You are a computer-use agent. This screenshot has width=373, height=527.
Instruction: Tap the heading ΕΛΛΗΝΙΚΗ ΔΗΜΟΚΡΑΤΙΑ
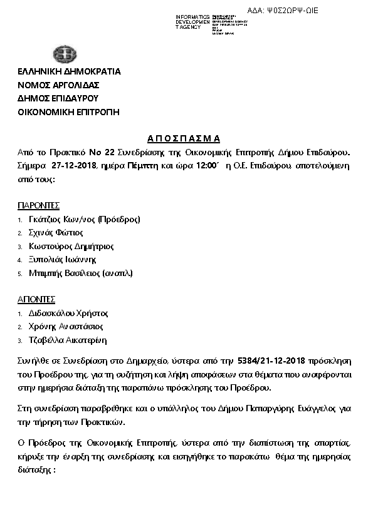[x=69, y=71]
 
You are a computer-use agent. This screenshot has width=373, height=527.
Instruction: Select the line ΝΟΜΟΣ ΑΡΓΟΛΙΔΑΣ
[x=59, y=85]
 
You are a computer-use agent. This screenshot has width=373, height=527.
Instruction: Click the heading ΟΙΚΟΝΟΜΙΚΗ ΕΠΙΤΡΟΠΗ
[x=68, y=113]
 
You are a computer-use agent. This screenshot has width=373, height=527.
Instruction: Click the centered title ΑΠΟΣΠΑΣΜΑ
[x=186, y=138]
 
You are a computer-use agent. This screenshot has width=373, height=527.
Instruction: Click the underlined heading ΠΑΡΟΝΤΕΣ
[x=39, y=206]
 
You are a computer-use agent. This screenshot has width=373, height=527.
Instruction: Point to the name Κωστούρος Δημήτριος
[x=71, y=247]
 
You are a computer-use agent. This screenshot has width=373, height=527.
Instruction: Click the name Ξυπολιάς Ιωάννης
[x=63, y=260]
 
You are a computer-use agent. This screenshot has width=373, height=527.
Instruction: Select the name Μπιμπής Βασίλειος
[x=81, y=274]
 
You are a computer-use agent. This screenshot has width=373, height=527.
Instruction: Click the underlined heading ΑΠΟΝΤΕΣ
[x=36, y=300]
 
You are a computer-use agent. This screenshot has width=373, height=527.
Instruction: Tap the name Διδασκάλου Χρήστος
[x=69, y=314]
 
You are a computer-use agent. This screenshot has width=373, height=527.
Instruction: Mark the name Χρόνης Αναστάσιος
[x=66, y=327]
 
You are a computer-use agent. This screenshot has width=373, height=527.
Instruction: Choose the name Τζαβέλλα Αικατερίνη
[x=68, y=340]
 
